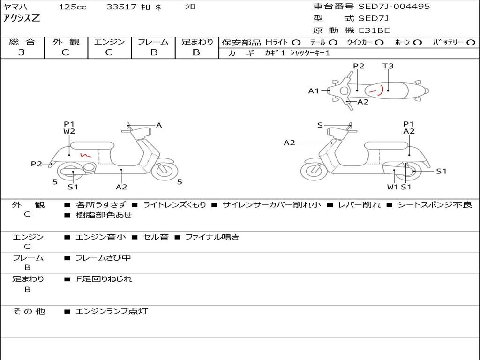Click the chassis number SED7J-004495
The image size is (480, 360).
coord(394,7)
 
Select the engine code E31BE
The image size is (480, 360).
coord(374,30)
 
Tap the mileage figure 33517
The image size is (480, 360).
coord(121,7)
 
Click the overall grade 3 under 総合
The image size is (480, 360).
coord(22,52)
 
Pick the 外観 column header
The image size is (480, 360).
coord(66,42)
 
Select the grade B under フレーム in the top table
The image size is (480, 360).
coord(154,52)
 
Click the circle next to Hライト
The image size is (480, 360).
coord(296,43)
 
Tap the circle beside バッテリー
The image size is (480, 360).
coord(471,43)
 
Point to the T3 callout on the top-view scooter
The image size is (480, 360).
coord(388,66)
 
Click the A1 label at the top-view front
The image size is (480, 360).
coord(314,91)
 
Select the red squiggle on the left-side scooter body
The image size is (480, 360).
coord(86,155)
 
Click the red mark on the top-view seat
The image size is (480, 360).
coord(377,90)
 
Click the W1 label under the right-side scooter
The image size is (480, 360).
coord(393,187)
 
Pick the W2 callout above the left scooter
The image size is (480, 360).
coord(69,131)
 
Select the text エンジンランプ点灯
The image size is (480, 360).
coord(112,311)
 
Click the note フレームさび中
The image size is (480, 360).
coord(103,258)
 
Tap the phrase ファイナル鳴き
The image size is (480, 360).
coord(212,237)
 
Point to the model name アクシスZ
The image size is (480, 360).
coord(22,18)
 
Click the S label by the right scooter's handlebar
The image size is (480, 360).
coord(320,125)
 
